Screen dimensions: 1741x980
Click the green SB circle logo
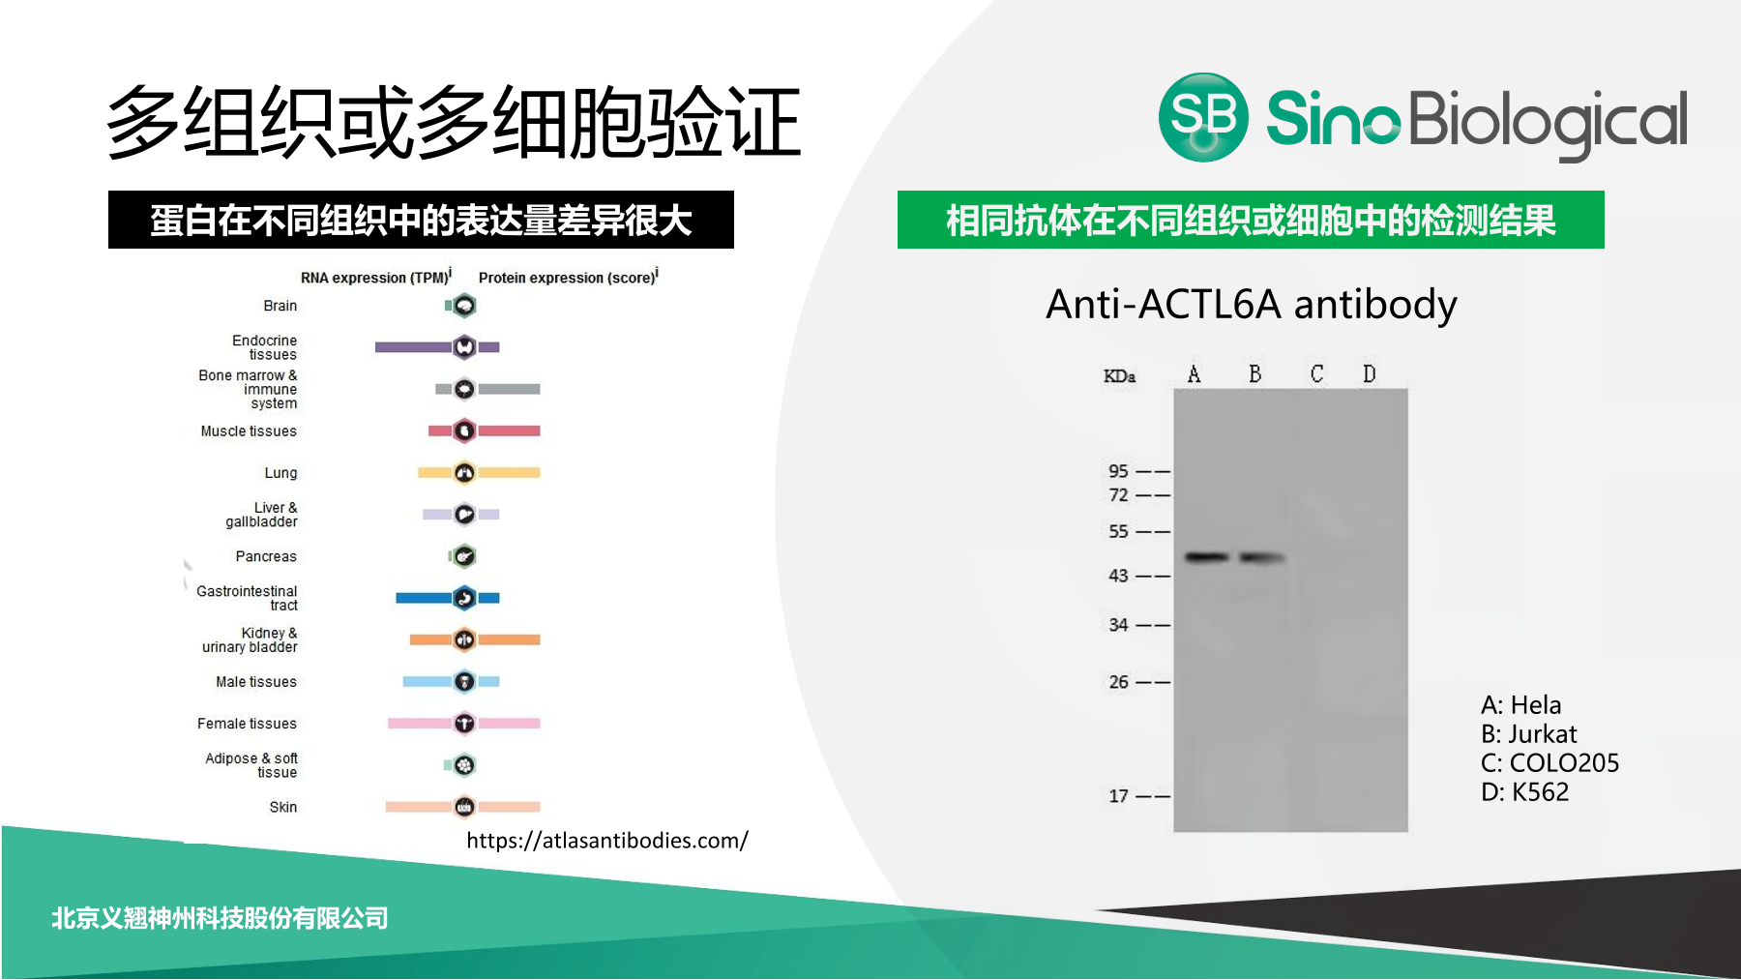point(1203,117)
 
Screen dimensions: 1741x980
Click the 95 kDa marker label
point(1118,471)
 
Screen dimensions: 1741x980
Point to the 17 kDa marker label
point(1118,796)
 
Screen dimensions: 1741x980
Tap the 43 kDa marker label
point(1118,576)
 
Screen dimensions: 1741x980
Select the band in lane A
point(1207,557)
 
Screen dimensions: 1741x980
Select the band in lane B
point(1262,557)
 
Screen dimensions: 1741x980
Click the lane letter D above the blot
point(1370,373)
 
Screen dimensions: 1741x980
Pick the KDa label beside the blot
point(1119,376)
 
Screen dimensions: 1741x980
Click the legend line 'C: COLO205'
point(1549,763)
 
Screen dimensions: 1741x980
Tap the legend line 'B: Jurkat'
point(1528,734)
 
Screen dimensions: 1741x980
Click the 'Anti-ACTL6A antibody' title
point(1252,305)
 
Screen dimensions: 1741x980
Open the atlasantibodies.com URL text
point(607,841)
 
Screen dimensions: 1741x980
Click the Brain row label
point(280,306)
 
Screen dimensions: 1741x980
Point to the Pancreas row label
point(266,556)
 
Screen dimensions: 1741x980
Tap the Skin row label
point(283,807)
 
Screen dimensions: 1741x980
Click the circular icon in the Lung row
point(464,473)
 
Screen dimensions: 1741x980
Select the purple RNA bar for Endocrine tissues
point(413,346)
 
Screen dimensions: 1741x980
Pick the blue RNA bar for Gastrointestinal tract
point(424,598)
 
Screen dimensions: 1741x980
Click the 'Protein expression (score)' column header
point(569,277)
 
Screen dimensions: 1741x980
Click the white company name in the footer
point(220,918)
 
